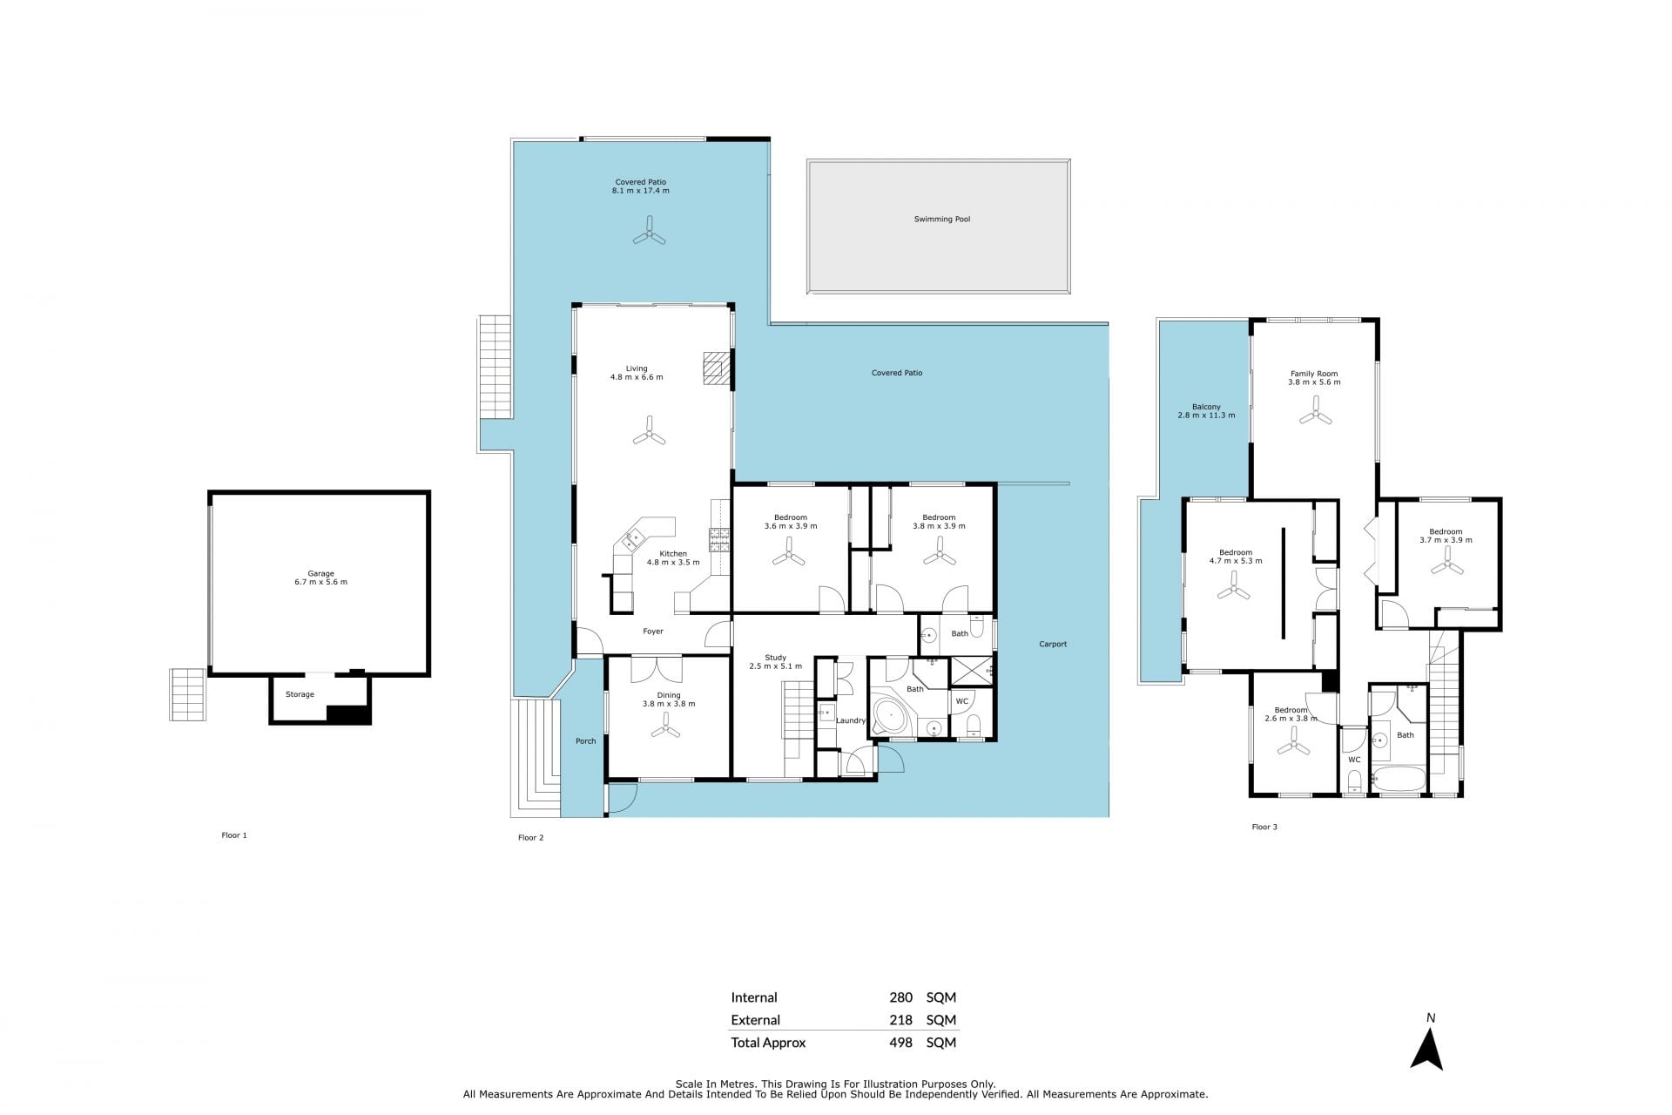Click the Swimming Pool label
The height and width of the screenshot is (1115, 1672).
pyautogui.click(x=941, y=220)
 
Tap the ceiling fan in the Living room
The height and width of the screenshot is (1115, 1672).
pyautogui.click(x=649, y=431)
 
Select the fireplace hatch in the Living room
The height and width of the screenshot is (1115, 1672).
pyautogui.click(x=717, y=368)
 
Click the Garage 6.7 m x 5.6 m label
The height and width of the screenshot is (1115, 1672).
pyautogui.click(x=320, y=578)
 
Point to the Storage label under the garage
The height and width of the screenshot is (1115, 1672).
pyautogui.click(x=300, y=694)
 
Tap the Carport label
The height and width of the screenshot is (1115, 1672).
pyautogui.click(x=1053, y=645)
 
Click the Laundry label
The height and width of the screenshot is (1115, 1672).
pyautogui.click(x=851, y=720)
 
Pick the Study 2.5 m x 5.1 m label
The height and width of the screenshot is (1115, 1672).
pyautogui.click(x=775, y=662)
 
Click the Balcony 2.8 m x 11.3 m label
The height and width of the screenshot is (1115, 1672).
pyautogui.click(x=1206, y=411)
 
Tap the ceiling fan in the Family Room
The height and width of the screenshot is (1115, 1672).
pyautogui.click(x=1315, y=410)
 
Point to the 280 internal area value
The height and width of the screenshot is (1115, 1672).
pyautogui.click(x=900, y=997)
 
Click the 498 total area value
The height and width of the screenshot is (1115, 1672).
pyautogui.click(x=900, y=1043)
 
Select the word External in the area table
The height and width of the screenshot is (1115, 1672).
pyautogui.click(x=755, y=1020)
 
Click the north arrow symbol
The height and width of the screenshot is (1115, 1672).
pyautogui.click(x=1426, y=1050)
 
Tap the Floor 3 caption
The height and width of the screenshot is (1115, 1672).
pyautogui.click(x=1264, y=827)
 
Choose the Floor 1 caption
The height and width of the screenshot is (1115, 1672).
pyautogui.click(x=234, y=835)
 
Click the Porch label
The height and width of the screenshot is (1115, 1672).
pyautogui.click(x=586, y=741)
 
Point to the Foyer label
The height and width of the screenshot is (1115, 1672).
pyautogui.click(x=653, y=632)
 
